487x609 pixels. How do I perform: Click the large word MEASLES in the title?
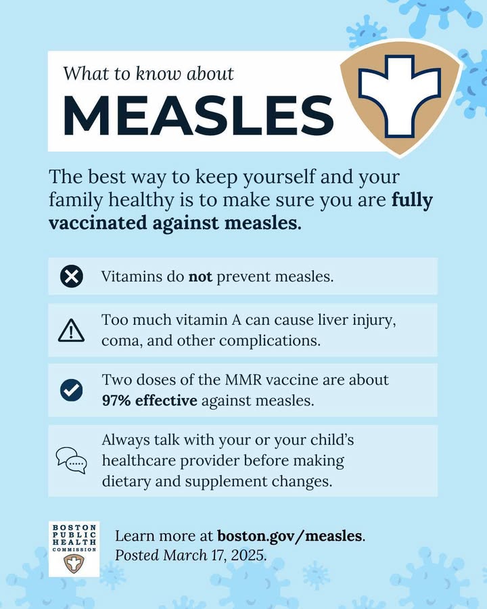click(198, 115)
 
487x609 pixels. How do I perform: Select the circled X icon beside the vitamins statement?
click(72, 277)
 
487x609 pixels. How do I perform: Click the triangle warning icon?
click(71, 331)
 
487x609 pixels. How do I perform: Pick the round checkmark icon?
click(72, 390)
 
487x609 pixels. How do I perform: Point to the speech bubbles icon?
click(72, 460)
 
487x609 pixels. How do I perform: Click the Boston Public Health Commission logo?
click(74, 549)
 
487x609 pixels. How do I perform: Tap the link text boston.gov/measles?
click(289, 536)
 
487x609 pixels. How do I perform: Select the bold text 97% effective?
click(149, 401)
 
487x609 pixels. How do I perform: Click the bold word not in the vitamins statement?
click(200, 277)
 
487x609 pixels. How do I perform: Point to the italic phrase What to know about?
click(148, 73)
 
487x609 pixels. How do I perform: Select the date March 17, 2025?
click(214, 555)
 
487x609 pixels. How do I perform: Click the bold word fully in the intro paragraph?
click(412, 201)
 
